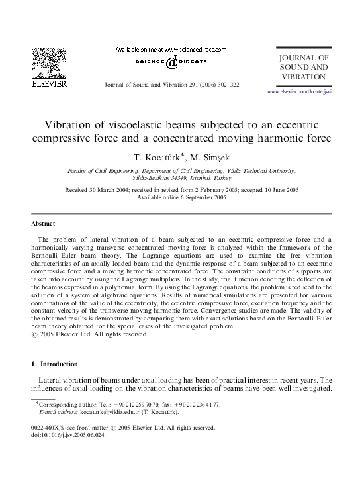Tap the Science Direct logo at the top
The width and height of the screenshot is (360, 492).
pyautogui.click(x=171, y=61)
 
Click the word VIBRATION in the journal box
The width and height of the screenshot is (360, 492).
pyautogui.click(x=302, y=77)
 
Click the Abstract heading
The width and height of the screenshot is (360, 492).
pyautogui.click(x=44, y=224)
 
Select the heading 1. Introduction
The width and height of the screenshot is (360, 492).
pyautogui.click(x=55, y=364)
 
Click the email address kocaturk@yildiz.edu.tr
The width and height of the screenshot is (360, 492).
pyautogui.click(x=111, y=411)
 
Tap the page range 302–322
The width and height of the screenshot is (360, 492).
pyautogui.click(x=226, y=86)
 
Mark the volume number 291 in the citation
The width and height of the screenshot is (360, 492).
pyautogui.click(x=185, y=86)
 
